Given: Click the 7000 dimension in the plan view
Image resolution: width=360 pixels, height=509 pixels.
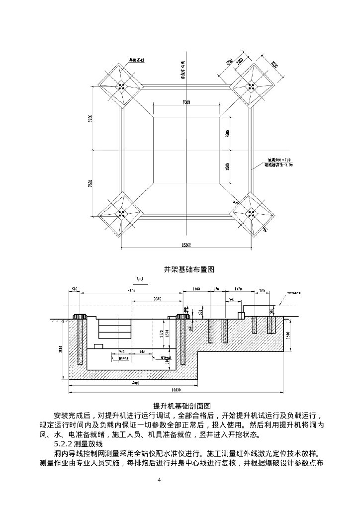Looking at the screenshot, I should point(186,102).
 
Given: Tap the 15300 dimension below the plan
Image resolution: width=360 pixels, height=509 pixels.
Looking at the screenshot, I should point(186,245).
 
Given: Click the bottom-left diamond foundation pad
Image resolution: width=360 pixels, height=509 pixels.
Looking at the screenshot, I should point(121,214).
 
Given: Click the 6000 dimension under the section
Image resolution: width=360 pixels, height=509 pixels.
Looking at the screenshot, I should point(135,383).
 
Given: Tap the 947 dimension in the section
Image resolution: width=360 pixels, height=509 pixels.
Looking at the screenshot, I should point(232,299).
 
